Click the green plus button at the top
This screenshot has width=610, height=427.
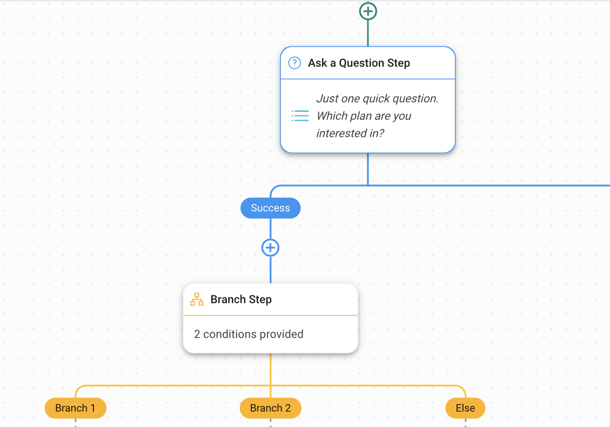(368, 11)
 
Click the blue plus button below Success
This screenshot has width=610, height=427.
(271, 248)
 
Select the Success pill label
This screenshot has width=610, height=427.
(271, 208)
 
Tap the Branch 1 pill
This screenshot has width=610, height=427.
(75, 408)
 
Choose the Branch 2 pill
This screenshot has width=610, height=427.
(271, 408)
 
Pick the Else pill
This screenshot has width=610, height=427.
(465, 408)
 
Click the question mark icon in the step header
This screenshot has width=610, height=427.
(295, 63)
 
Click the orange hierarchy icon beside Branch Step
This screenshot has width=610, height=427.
(197, 300)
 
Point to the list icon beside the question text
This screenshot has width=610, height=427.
(300, 116)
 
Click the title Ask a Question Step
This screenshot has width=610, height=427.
(359, 63)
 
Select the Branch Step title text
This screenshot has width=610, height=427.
(241, 300)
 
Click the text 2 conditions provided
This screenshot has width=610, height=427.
(248, 334)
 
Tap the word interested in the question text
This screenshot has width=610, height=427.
(341, 133)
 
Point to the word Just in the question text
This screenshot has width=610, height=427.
(327, 98)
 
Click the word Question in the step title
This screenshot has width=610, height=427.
(361, 63)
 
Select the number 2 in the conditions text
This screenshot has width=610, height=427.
(197, 334)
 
